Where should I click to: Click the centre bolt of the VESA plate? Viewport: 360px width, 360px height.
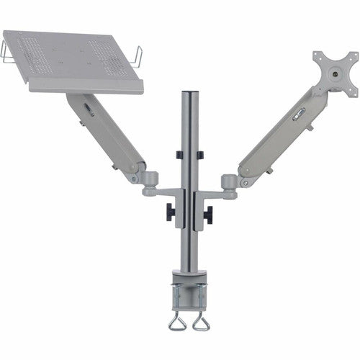[335, 73]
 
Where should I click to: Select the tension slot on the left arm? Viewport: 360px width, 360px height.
[89, 109]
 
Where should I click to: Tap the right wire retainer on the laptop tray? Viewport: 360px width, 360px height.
[138, 55]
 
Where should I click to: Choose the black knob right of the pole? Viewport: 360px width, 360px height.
[208, 213]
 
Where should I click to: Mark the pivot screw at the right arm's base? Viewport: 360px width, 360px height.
[246, 183]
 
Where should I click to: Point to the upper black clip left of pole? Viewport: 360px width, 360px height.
[178, 155]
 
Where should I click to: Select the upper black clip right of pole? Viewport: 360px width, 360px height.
[200, 155]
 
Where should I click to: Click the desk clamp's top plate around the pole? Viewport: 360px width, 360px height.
[189, 276]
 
